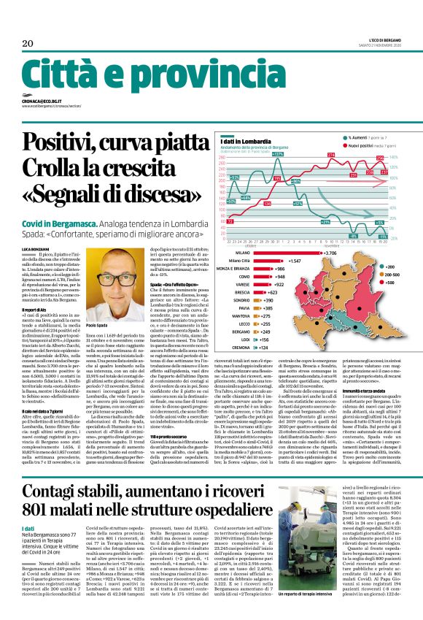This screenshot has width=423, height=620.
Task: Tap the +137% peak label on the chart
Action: (278, 155)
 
